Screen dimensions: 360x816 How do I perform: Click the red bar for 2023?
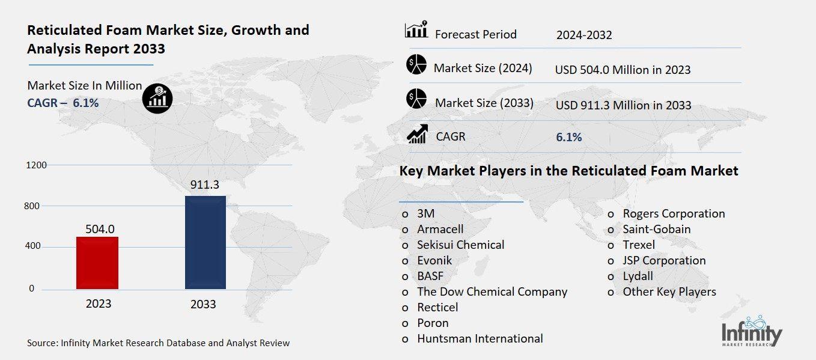(x=97, y=263)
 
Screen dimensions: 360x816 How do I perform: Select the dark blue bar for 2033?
(x=206, y=242)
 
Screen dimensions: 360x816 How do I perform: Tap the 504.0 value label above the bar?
(x=99, y=228)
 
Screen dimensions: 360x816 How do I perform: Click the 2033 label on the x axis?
(x=203, y=304)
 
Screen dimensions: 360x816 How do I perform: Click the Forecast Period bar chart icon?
(x=416, y=29)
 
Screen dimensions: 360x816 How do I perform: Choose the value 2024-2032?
(x=584, y=35)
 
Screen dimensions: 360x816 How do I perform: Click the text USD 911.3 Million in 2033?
(x=623, y=105)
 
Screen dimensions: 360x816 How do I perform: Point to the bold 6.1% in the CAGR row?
(x=568, y=137)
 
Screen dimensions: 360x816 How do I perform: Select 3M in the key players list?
(x=425, y=213)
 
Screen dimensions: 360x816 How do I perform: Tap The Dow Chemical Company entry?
(x=492, y=291)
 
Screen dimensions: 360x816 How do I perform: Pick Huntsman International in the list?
(x=480, y=338)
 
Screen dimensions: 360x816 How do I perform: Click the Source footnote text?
(x=158, y=343)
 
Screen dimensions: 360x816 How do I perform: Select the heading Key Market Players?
(x=568, y=171)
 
